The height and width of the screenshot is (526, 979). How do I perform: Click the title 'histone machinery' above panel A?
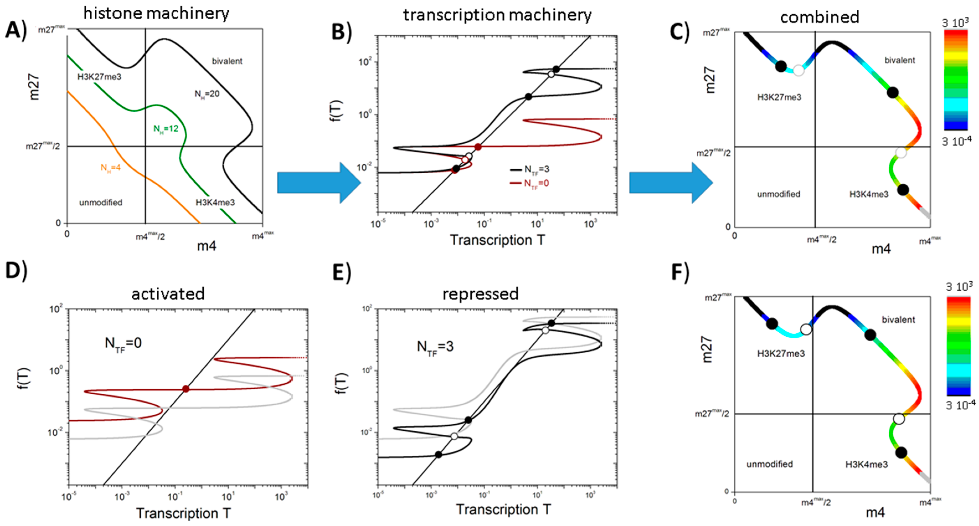tap(156, 13)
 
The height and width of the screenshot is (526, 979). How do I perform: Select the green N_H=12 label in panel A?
tap(166, 129)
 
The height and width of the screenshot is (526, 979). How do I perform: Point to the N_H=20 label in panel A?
tap(207, 94)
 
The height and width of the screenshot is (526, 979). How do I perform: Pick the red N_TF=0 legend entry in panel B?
tap(530, 183)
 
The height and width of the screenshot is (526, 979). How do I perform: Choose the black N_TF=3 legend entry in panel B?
tap(530, 169)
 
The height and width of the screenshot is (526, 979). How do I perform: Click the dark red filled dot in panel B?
tap(478, 147)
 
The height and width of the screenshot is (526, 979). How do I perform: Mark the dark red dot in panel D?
tap(185, 388)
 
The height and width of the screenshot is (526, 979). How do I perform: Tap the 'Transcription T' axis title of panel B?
tap(497, 240)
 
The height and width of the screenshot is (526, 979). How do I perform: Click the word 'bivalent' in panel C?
tap(900, 60)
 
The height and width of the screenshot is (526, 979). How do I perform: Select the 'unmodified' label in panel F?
tap(769, 464)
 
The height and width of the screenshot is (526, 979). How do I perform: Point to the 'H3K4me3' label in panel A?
tap(215, 203)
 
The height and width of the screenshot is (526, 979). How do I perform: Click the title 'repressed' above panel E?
tap(481, 294)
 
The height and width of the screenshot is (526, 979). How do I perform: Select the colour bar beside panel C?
tap(955, 80)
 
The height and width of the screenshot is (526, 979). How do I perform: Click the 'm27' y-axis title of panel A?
tap(34, 87)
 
